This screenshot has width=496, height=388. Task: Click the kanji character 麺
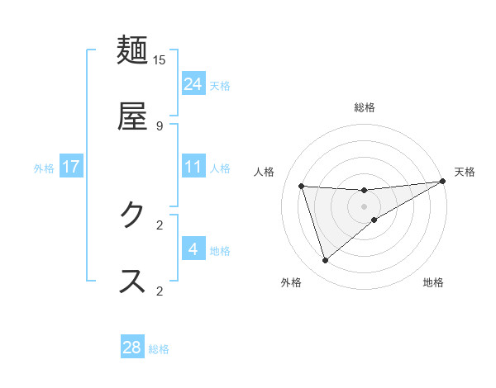click(x=133, y=50)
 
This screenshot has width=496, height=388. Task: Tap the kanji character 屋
click(x=133, y=116)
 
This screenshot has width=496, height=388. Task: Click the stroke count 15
click(x=160, y=59)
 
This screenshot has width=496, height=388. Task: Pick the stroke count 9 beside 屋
click(x=160, y=125)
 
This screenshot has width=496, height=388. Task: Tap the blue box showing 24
click(x=193, y=83)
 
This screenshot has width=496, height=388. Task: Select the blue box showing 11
click(x=193, y=167)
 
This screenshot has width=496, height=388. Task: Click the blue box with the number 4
click(x=193, y=248)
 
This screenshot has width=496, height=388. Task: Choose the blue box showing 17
click(x=71, y=167)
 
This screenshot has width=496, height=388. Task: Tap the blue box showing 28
click(x=132, y=348)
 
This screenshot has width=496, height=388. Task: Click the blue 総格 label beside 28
click(x=159, y=349)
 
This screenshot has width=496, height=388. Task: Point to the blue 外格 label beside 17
click(x=44, y=168)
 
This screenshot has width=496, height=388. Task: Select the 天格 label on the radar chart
click(x=465, y=172)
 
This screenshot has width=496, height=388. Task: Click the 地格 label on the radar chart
click(x=433, y=282)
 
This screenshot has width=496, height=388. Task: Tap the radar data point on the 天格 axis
click(x=442, y=182)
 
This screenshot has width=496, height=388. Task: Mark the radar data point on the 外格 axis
click(x=325, y=261)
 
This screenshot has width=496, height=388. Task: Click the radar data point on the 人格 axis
click(x=302, y=186)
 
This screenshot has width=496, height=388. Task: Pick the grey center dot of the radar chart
click(x=364, y=206)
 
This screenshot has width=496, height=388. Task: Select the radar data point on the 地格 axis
click(x=374, y=220)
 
